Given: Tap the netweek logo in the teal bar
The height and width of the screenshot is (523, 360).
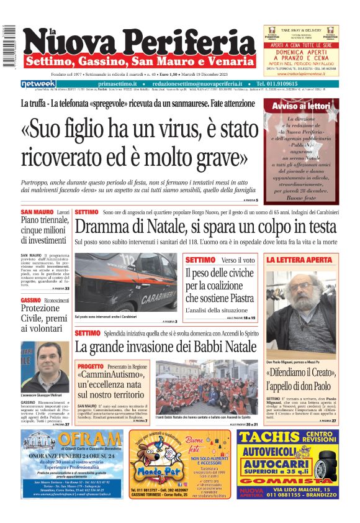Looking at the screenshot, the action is (x=38, y=84).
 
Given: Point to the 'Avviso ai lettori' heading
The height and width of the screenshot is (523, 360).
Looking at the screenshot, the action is (x=301, y=107).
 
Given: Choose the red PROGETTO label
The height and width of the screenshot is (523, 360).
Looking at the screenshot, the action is (x=91, y=366).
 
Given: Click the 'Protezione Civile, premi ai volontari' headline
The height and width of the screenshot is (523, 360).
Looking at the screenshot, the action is (x=43, y=317).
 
